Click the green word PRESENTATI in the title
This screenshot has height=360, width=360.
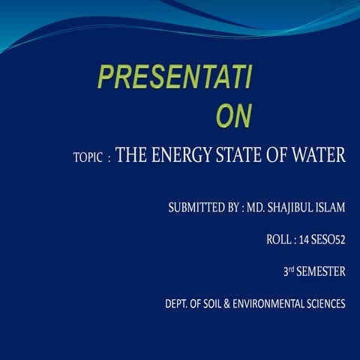(x=175, y=77)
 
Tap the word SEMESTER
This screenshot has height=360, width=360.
(x=321, y=272)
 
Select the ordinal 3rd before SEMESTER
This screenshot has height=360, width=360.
(x=288, y=272)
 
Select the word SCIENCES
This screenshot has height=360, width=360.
(x=325, y=304)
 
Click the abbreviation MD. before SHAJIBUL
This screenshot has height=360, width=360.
(x=256, y=207)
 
